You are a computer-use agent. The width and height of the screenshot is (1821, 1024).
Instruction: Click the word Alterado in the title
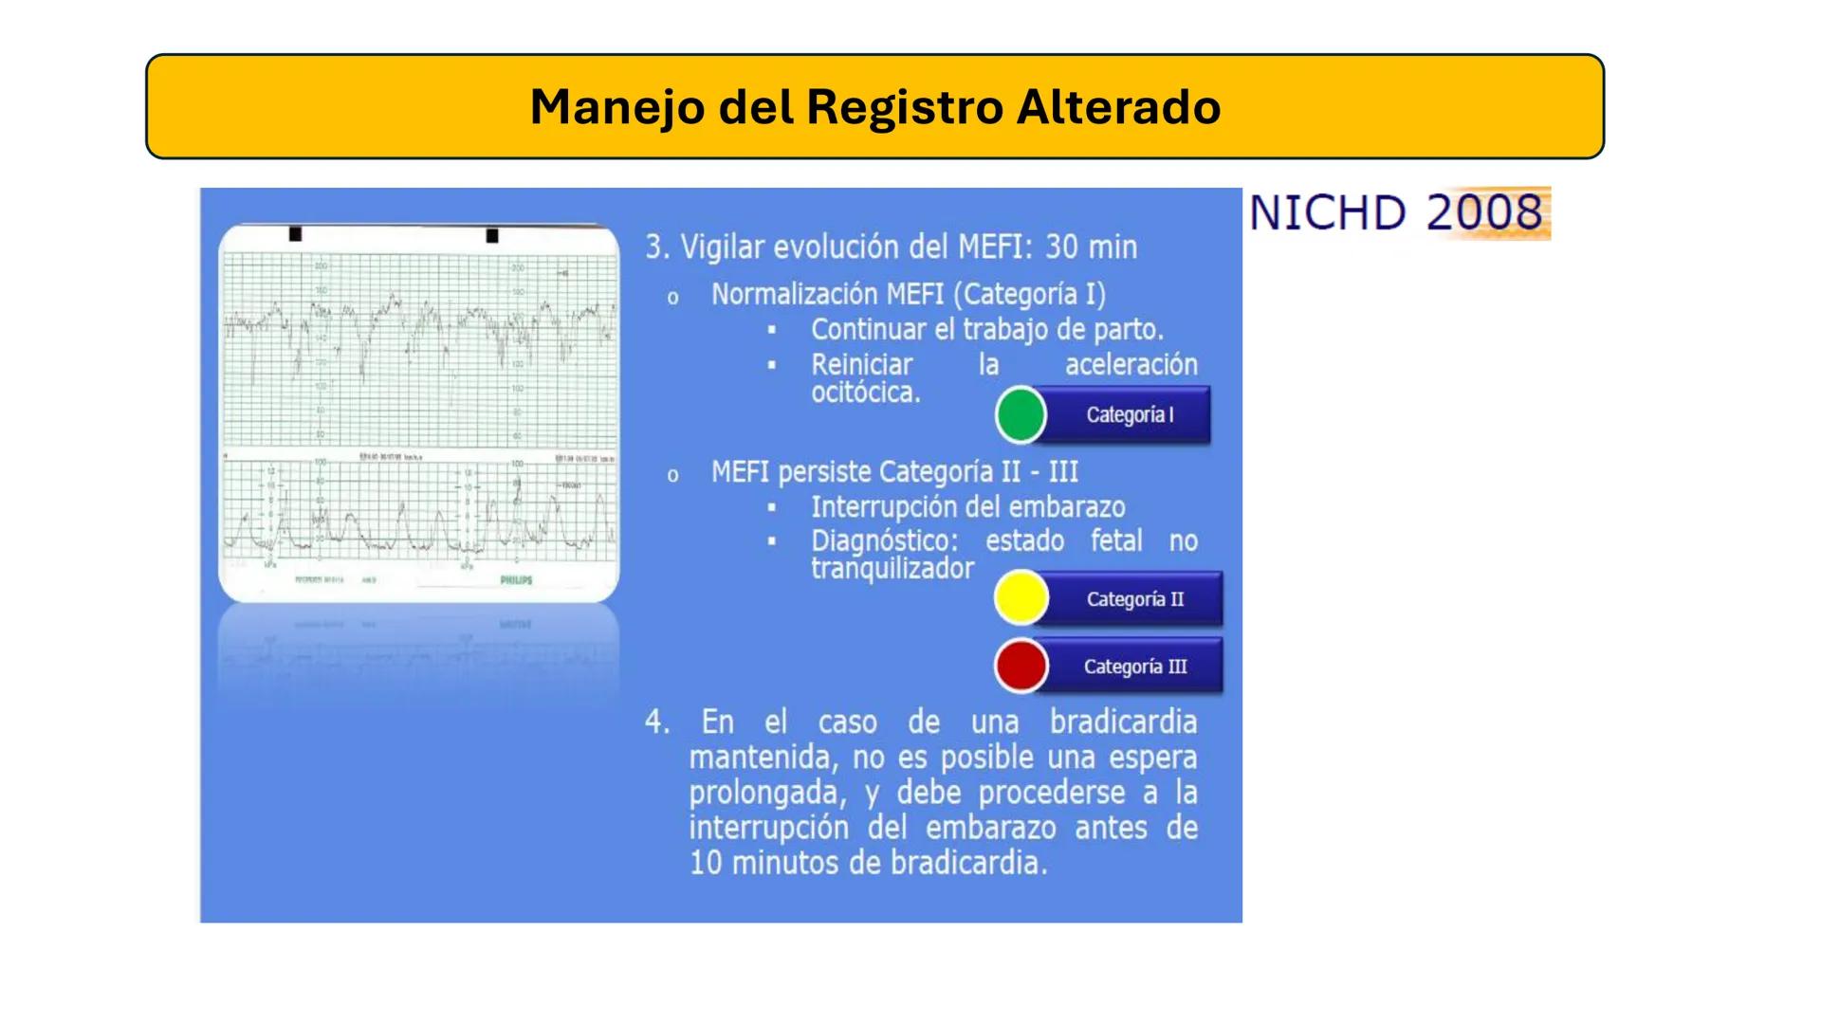[1118, 106]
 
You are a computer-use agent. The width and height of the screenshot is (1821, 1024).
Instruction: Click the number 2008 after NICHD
[1484, 212]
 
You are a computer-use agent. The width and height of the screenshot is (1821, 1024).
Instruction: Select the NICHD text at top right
[1328, 212]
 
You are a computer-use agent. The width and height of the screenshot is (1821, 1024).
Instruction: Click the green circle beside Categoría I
[1021, 415]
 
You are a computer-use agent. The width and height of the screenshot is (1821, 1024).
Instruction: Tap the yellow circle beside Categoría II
[1021, 598]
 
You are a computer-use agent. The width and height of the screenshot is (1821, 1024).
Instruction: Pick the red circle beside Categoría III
[1021, 666]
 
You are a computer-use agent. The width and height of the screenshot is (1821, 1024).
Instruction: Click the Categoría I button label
[1130, 415]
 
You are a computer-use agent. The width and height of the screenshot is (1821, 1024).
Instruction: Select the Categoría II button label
[1135, 599]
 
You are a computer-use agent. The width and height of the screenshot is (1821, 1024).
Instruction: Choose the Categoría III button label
[1135, 667]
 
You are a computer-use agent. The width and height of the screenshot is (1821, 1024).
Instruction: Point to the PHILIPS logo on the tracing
[516, 580]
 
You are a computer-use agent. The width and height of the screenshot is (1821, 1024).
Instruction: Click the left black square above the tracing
[295, 234]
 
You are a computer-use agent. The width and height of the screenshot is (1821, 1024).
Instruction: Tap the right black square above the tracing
[491, 235]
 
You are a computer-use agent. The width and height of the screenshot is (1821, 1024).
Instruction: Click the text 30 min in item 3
[1091, 247]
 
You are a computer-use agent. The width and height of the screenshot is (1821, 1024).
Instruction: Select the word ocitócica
[865, 393]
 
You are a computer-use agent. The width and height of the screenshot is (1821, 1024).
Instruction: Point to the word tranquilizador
[892, 569]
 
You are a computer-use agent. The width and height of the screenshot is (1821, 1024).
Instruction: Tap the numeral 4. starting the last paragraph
[656, 722]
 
